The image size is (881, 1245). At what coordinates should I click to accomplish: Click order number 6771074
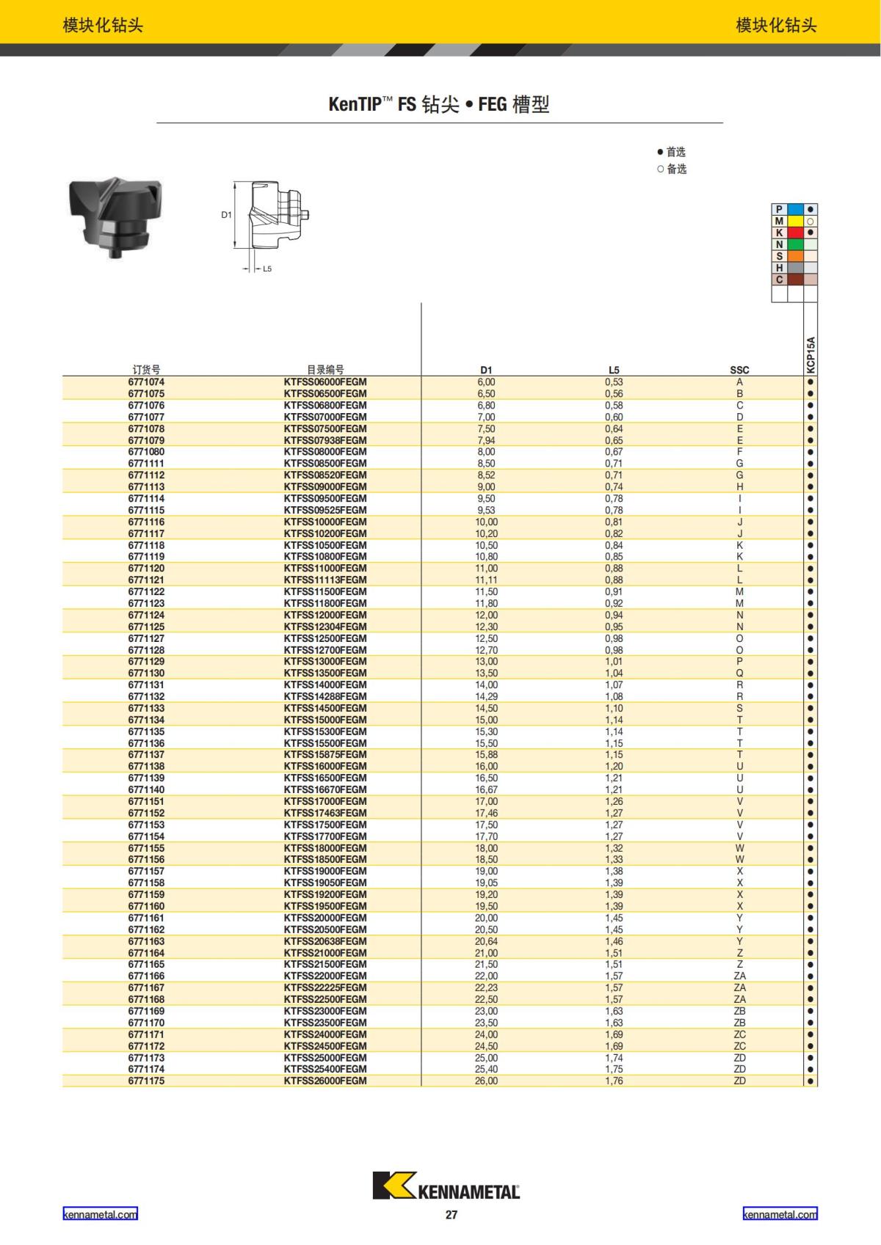(146, 382)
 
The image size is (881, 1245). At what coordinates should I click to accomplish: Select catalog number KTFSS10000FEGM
(325, 522)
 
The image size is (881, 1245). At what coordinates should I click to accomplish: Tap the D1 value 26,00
(486, 1081)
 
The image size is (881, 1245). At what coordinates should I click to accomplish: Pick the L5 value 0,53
(614, 382)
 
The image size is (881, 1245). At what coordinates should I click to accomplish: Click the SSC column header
(739, 370)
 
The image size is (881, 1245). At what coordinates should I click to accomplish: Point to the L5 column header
(614, 370)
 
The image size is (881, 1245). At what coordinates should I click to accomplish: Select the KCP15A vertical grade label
(811, 355)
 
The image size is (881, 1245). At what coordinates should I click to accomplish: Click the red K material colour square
(795, 233)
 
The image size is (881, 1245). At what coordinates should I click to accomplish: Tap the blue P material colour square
(795, 209)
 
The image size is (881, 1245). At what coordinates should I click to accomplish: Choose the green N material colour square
(795, 244)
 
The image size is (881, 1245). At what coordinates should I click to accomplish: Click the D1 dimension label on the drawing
(226, 215)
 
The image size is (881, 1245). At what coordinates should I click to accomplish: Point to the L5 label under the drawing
(267, 269)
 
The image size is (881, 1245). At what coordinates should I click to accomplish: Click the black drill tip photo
(115, 216)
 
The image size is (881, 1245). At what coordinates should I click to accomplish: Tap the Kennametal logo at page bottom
(446, 1186)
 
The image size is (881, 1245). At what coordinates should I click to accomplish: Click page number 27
(451, 1215)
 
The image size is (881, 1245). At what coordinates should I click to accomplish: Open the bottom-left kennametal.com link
(100, 1215)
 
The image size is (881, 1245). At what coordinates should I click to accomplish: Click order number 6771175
(146, 1081)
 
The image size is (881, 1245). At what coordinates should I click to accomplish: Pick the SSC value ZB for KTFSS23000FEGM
(739, 1011)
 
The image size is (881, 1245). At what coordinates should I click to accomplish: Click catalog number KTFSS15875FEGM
(325, 755)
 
